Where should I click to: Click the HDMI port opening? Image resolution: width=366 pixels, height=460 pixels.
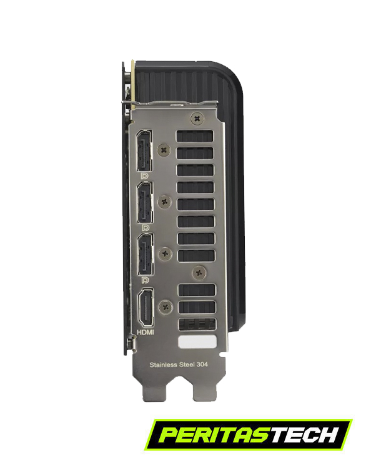point(146,308)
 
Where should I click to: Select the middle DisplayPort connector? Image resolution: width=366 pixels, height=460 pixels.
point(145,202)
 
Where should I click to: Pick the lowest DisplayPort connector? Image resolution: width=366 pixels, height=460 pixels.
point(146,254)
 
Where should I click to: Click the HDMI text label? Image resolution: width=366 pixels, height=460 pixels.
point(146,332)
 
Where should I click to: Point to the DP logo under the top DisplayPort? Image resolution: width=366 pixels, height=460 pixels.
point(144,176)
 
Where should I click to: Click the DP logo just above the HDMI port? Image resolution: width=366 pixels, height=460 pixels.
point(145,280)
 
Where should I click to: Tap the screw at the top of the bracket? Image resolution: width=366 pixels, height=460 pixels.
point(197,119)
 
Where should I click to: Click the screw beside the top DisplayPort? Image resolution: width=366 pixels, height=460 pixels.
point(164,150)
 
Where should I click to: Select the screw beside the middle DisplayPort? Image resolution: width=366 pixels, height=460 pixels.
point(165,202)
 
